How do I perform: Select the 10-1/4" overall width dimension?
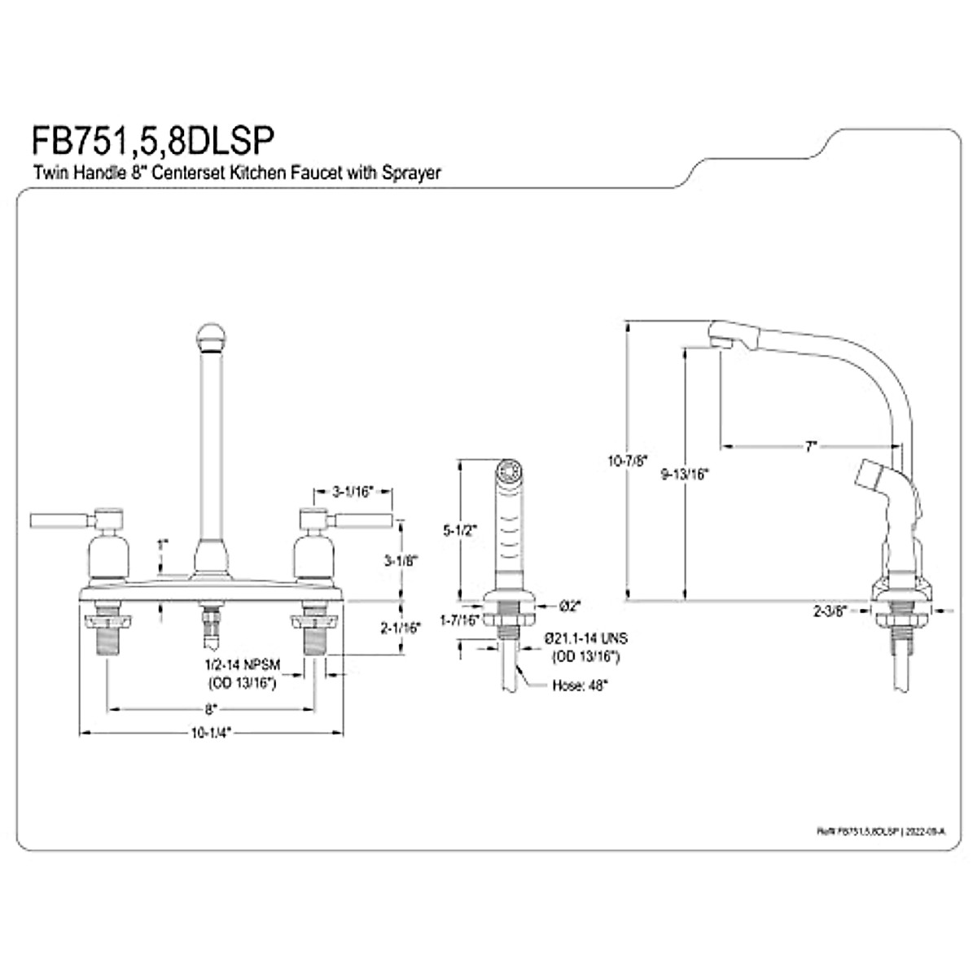211,732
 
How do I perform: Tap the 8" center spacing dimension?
211,708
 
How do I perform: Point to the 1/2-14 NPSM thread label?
241,666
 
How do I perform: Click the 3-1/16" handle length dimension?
352,491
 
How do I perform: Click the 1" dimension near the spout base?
163,543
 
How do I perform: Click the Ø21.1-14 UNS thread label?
586,639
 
